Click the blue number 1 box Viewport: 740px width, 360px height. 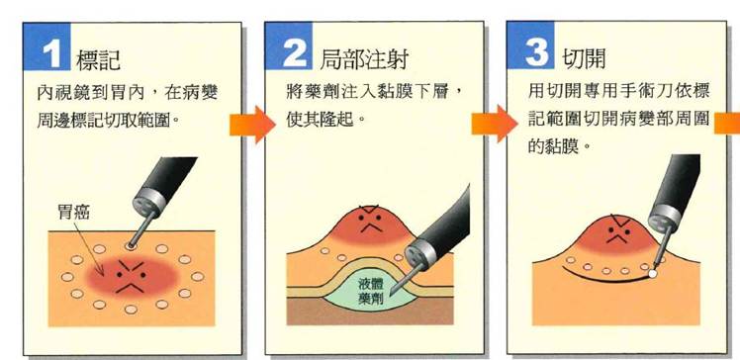click(46, 46)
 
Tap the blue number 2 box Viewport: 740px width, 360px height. click(288, 45)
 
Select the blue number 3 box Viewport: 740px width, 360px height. click(530, 45)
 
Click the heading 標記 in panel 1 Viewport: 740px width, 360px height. click(99, 59)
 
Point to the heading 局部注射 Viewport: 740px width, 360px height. click(363, 59)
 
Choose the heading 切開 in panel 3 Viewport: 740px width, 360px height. click(584, 58)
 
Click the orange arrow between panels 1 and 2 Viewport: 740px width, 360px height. click(252, 125)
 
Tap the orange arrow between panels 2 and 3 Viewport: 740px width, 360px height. click(495, 124)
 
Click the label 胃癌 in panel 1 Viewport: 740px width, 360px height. click(73, 213)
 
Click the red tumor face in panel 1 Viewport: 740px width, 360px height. click(131, 277)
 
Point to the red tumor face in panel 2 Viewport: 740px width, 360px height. click(369, 224)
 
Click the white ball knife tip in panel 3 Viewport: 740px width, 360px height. click(652, 273)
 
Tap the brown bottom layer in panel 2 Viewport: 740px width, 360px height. click(370, 315)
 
